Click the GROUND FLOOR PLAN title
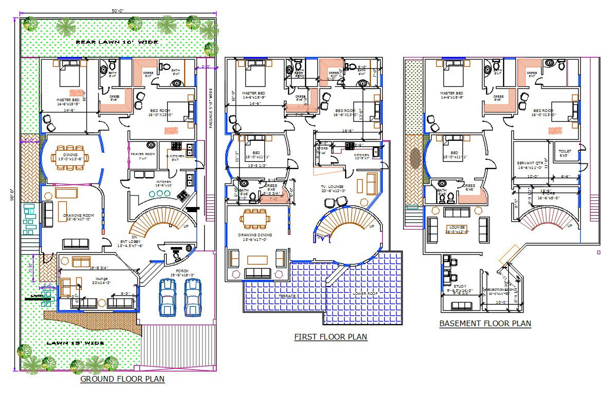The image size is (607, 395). point(122,380)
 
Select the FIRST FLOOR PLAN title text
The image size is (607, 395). point(331,337)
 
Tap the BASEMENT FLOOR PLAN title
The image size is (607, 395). point(485,324)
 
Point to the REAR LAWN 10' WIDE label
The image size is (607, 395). point(117,42)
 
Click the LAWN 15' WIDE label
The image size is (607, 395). point(76,343)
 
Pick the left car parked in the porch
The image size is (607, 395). point(167,296)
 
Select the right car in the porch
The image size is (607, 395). point(192,296)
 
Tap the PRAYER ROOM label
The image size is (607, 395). point(142,154)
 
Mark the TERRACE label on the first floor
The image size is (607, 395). point(287,296)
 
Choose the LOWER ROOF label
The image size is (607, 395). point(365,293)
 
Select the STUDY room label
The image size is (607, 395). point(460,287)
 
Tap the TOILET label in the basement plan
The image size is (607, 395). point(564,152)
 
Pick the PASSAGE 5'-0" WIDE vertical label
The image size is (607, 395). point(211,108)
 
